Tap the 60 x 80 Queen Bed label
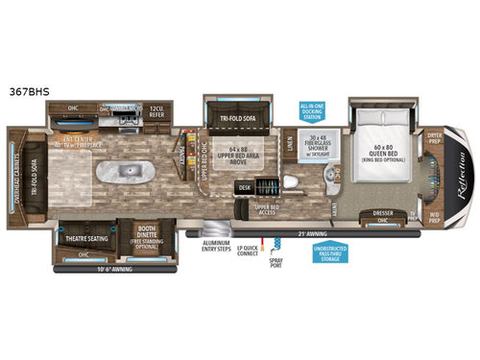point(382,152)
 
